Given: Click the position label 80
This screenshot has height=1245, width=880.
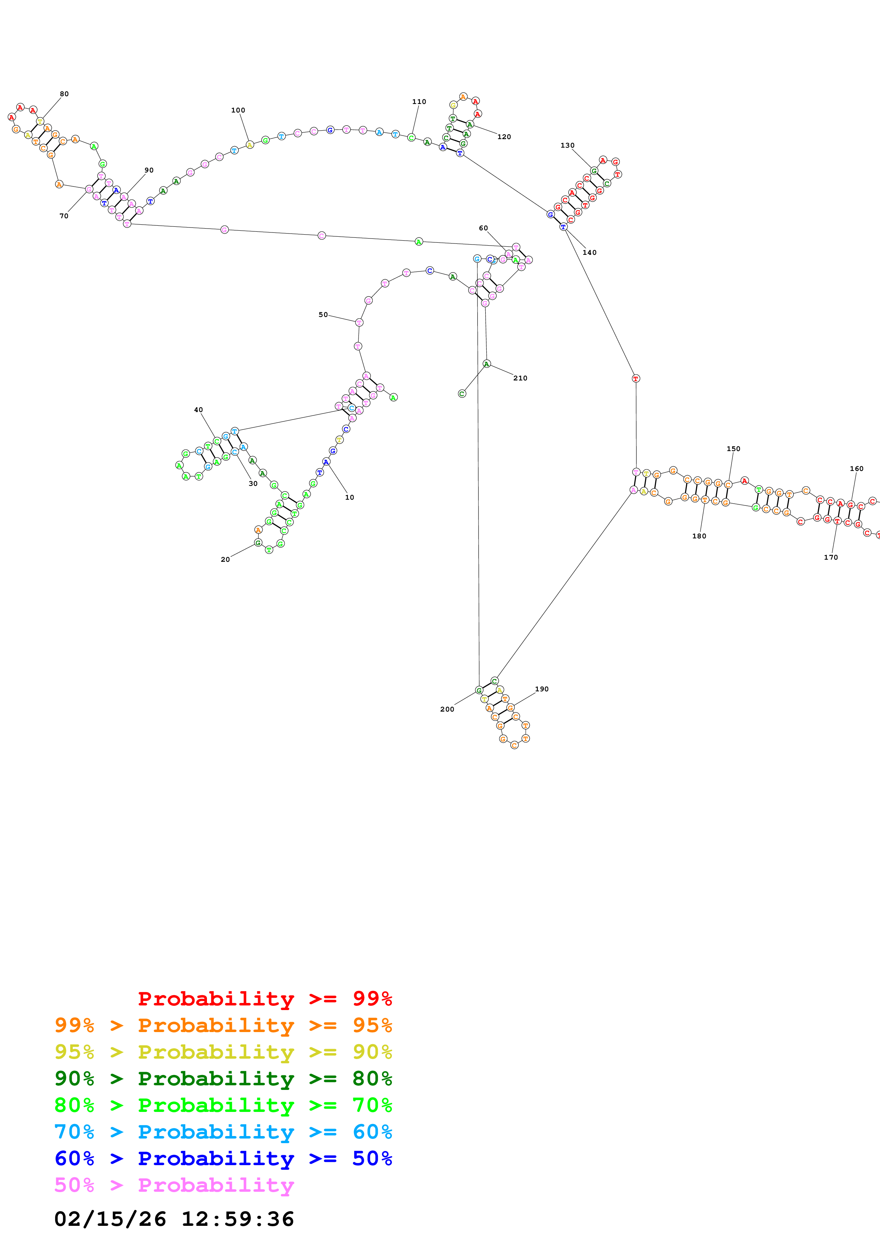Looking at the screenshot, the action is tap(64, 94).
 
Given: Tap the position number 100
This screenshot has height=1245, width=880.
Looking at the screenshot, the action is tap(238, 110).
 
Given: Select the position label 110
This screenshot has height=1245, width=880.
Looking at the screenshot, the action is tap(419, 102).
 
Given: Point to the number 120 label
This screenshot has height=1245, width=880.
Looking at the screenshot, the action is tap(504, 137).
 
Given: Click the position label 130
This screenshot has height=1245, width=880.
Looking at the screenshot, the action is tap(568, 145).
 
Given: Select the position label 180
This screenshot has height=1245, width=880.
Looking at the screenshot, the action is tap(699, 536).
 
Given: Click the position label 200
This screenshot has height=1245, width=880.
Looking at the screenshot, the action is tap(447, 709).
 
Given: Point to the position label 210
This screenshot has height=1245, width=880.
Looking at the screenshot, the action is tap(520, 378).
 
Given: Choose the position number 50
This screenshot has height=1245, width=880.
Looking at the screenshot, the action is tap(323, 314).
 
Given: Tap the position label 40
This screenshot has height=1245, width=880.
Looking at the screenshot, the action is tap(198, 410).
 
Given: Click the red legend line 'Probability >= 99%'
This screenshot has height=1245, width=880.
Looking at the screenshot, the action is tap(265, 998).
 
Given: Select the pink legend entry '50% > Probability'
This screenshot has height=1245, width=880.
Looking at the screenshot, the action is tap(174, 1185).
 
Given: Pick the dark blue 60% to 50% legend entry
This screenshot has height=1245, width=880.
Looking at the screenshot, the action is tap(223, 1158).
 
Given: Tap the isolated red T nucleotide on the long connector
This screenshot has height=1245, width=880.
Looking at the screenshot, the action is tap(636, 378).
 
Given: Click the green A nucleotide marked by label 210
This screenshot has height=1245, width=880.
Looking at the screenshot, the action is tap(486, 364).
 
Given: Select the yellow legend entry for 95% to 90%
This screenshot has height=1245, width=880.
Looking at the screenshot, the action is tap(223, 1052).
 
